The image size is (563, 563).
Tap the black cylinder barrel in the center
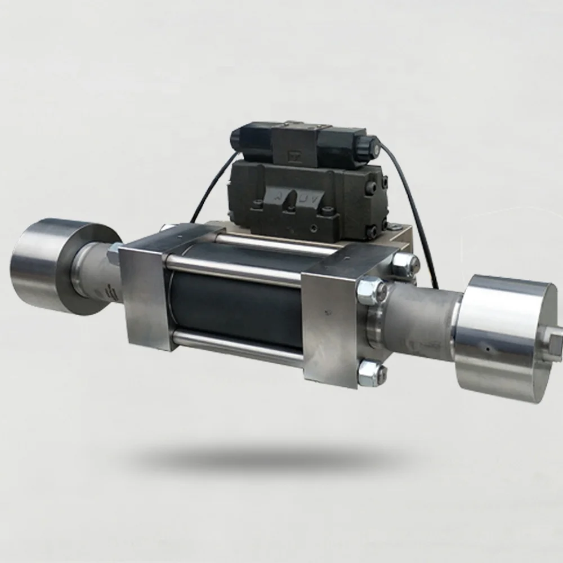coord(236,304)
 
